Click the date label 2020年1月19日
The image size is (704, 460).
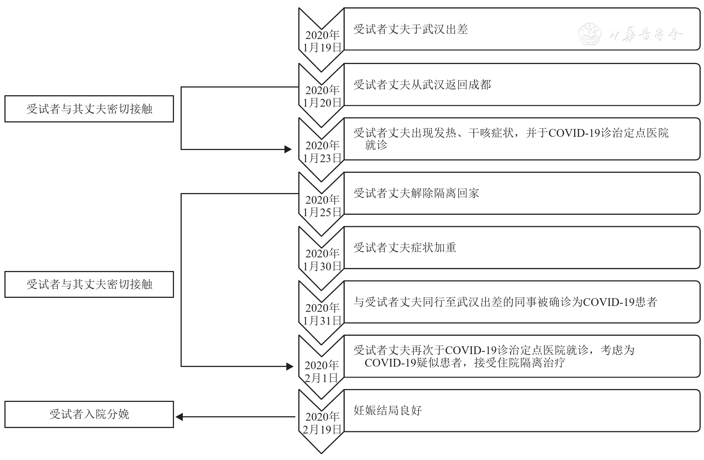click(322, 41)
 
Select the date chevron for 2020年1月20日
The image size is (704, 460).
click(322, 96)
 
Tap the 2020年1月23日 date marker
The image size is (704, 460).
click(322, 151)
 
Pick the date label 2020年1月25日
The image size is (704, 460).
click(322, 206)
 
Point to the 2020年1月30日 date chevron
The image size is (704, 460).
click(322, 260)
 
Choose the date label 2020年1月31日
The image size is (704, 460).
click(322, 314)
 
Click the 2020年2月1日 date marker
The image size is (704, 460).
click(321, 371)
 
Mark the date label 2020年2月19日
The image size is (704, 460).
click(322, 423)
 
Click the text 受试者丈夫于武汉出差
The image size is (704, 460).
click(410, 29)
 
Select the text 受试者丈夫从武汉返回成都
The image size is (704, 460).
click(422, 85)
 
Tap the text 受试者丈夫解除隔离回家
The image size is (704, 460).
click(416, 193)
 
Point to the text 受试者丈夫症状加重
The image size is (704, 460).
click(405, 247)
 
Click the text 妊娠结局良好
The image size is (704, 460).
click(387, 410)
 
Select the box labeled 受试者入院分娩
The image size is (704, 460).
click(89, 414)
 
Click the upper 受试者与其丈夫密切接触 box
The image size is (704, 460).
click(89, 109)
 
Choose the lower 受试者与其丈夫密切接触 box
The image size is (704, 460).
click(89, 284)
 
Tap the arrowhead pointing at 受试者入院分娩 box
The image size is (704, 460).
click(179, 417)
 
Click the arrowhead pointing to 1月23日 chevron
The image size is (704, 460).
click(288, 149)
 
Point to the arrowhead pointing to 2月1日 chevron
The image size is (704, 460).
click(289, 366)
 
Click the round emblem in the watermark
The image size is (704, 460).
click(589, 34)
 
